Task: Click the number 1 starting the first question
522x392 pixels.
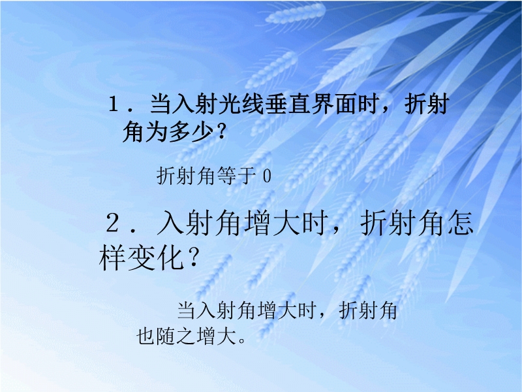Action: [x=114, y=104]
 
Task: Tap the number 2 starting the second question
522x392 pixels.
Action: [x=113, y=223]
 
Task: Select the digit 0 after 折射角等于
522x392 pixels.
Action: [x=267, y=176]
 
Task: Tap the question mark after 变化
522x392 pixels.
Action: [x=192, y=257]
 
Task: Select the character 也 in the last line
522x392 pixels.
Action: [x=146, y=336]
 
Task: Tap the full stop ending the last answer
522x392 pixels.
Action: [x=242, y=340]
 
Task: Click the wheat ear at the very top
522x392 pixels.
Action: [x=296, y=12]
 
